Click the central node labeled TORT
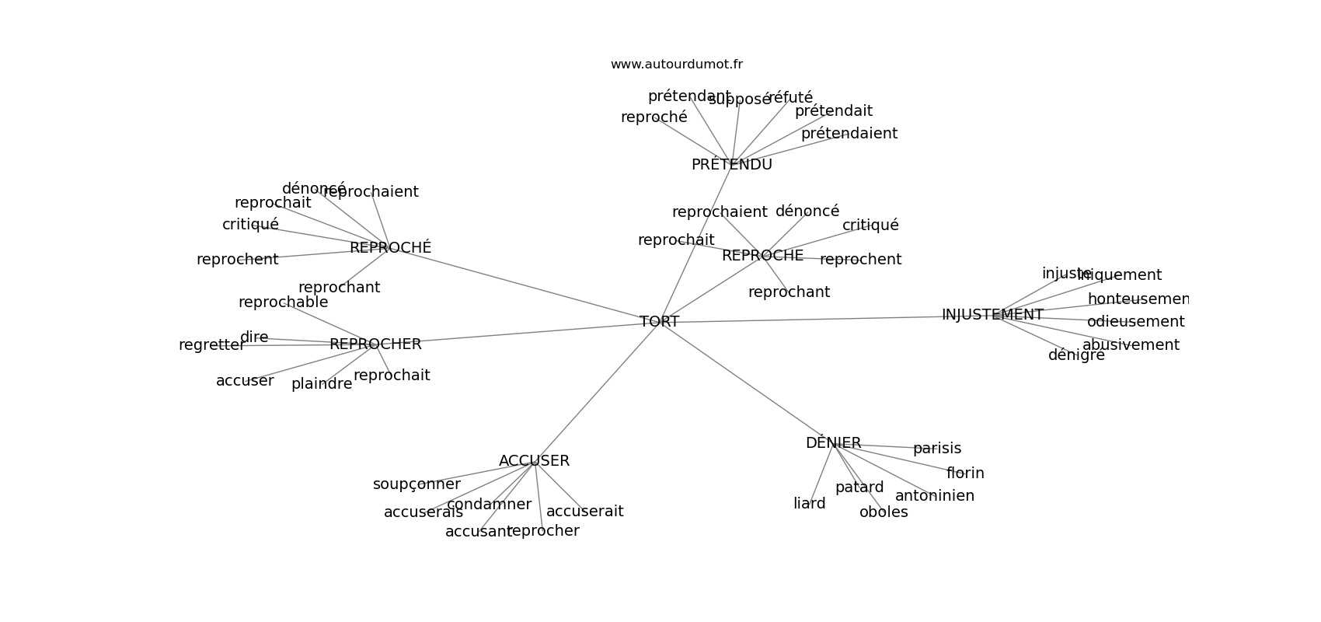click(x=659, y=322)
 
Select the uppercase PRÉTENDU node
click(x=731, y=165)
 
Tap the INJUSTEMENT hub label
click(x=992, y=315)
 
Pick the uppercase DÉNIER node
click(x=833, y=443)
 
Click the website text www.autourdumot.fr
click(x=676, y=65)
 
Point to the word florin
click(x=965, y=473)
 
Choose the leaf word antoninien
click(x=934, y=496)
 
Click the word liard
click(x=809, y=504)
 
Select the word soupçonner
click(x=417, y=484)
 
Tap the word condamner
click(x=489, y=505)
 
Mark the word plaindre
click(x=322, y=384)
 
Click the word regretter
click(x=211, y=345)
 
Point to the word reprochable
click(x=283, y=302)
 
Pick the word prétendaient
click(x=849, y=134)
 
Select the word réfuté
click(x=790, y=98)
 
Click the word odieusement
click(x=1135, y=322)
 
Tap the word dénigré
click(x=1076, y=355)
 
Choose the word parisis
click(x=936, y=449)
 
